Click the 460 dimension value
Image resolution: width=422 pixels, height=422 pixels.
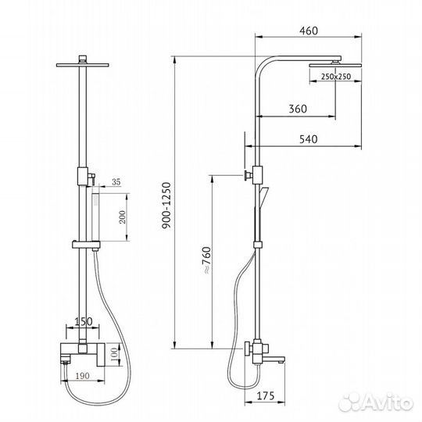[x=309, y=30]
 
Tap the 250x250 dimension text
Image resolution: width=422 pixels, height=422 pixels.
[x=336, y=77]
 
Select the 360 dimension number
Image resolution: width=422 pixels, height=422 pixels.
[x=298, y=109]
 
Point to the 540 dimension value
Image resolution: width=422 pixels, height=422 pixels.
[x=309, y=139]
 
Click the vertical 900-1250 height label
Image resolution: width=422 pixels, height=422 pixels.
[x=166, y=206]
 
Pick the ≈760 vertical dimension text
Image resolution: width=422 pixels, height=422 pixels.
[x=206, y=260]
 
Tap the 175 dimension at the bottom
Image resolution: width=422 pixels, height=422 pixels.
[x=266, y=396]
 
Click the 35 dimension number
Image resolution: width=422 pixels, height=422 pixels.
[x=116, y=182]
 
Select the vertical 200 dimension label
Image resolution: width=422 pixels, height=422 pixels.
[x=122, y=217]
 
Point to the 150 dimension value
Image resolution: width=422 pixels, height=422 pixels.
[x=83, y=321]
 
